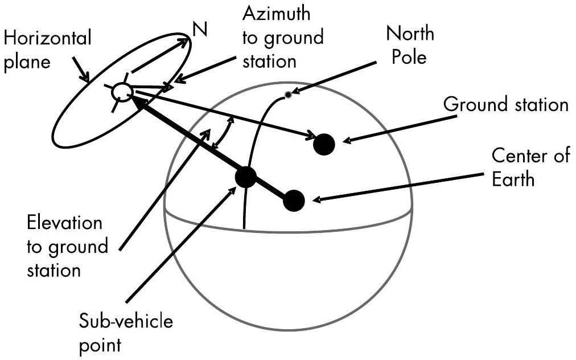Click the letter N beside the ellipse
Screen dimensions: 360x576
click(200, 30)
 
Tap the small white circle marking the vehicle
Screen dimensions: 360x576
click(122, 91)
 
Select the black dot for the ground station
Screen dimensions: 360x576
click(323, 144)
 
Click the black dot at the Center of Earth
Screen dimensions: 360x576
click(294, 201)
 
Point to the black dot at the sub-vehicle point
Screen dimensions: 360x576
click(245, 177)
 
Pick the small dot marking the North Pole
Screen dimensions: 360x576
click(289, 95)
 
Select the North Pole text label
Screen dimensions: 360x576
click(410, 45)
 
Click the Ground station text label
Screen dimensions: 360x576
click(506, 105)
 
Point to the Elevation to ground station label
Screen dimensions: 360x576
click(67, 246)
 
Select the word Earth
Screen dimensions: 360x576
click(513, 179)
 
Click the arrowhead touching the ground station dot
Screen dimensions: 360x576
click(311, 137)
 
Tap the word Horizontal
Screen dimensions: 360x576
click(47, 38)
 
